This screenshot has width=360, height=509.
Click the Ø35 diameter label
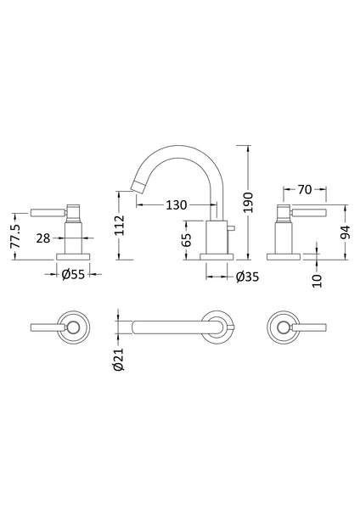(x=247, y=275)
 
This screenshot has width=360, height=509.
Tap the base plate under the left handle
(x=74, y=255)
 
